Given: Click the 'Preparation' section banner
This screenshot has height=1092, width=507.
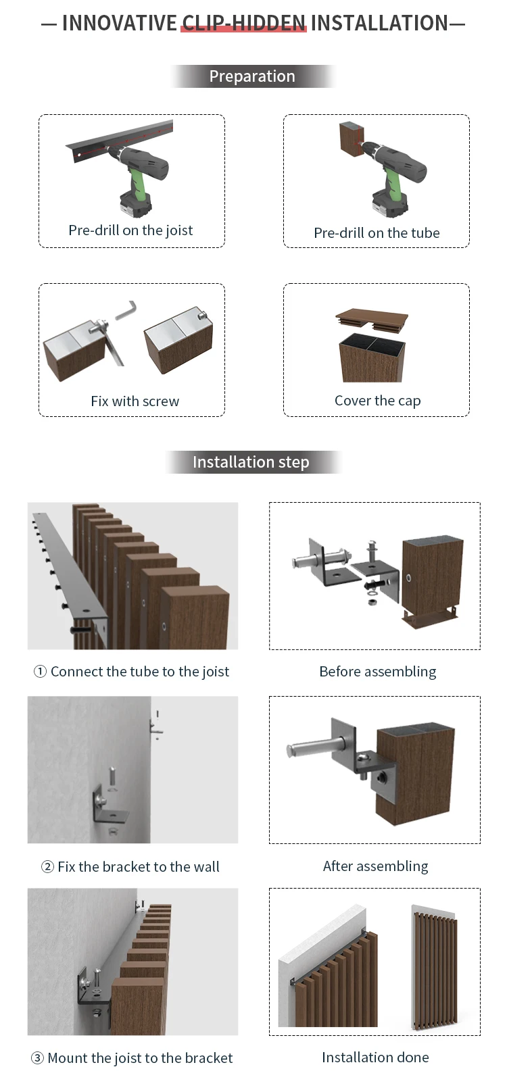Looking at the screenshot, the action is point(252,76).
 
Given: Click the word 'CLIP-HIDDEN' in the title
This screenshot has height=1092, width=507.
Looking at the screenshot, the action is point(244,23).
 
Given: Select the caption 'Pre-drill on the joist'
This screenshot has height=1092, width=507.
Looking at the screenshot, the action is point(130,230).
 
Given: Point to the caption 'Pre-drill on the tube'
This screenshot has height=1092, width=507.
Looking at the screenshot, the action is point(377,233).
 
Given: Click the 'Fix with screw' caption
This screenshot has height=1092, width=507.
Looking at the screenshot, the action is point(135,401).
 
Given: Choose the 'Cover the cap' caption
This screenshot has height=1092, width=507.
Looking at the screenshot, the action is point(377,401).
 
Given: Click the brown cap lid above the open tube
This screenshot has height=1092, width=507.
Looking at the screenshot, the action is point(372,318).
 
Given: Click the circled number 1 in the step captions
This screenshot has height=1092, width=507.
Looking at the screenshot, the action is point(40,672).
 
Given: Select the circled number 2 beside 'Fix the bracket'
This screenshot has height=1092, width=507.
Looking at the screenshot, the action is point(47,867).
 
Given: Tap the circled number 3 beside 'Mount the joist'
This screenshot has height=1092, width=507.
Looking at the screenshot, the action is point(37,1058).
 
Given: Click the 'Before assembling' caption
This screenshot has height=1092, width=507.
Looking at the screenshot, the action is point(378,672).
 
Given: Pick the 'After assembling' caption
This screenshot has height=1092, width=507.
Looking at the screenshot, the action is point(375,866).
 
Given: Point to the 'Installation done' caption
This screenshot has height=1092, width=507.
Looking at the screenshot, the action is point(375,1058).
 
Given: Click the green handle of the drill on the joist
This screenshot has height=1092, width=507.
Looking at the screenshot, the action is point(137,179).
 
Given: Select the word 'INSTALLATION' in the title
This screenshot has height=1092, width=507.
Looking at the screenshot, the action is point(379,23).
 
